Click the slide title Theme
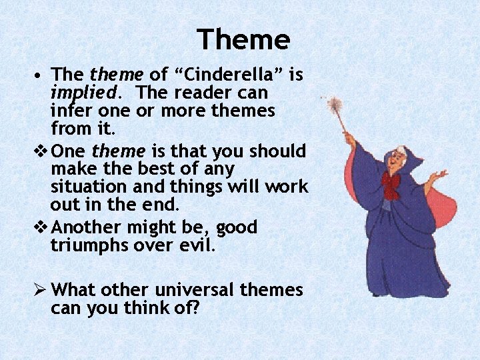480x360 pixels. (x=243, y=40)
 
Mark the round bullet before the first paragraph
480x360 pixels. (x=41, y=74)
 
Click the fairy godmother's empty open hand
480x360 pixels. (x=439, y=177)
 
